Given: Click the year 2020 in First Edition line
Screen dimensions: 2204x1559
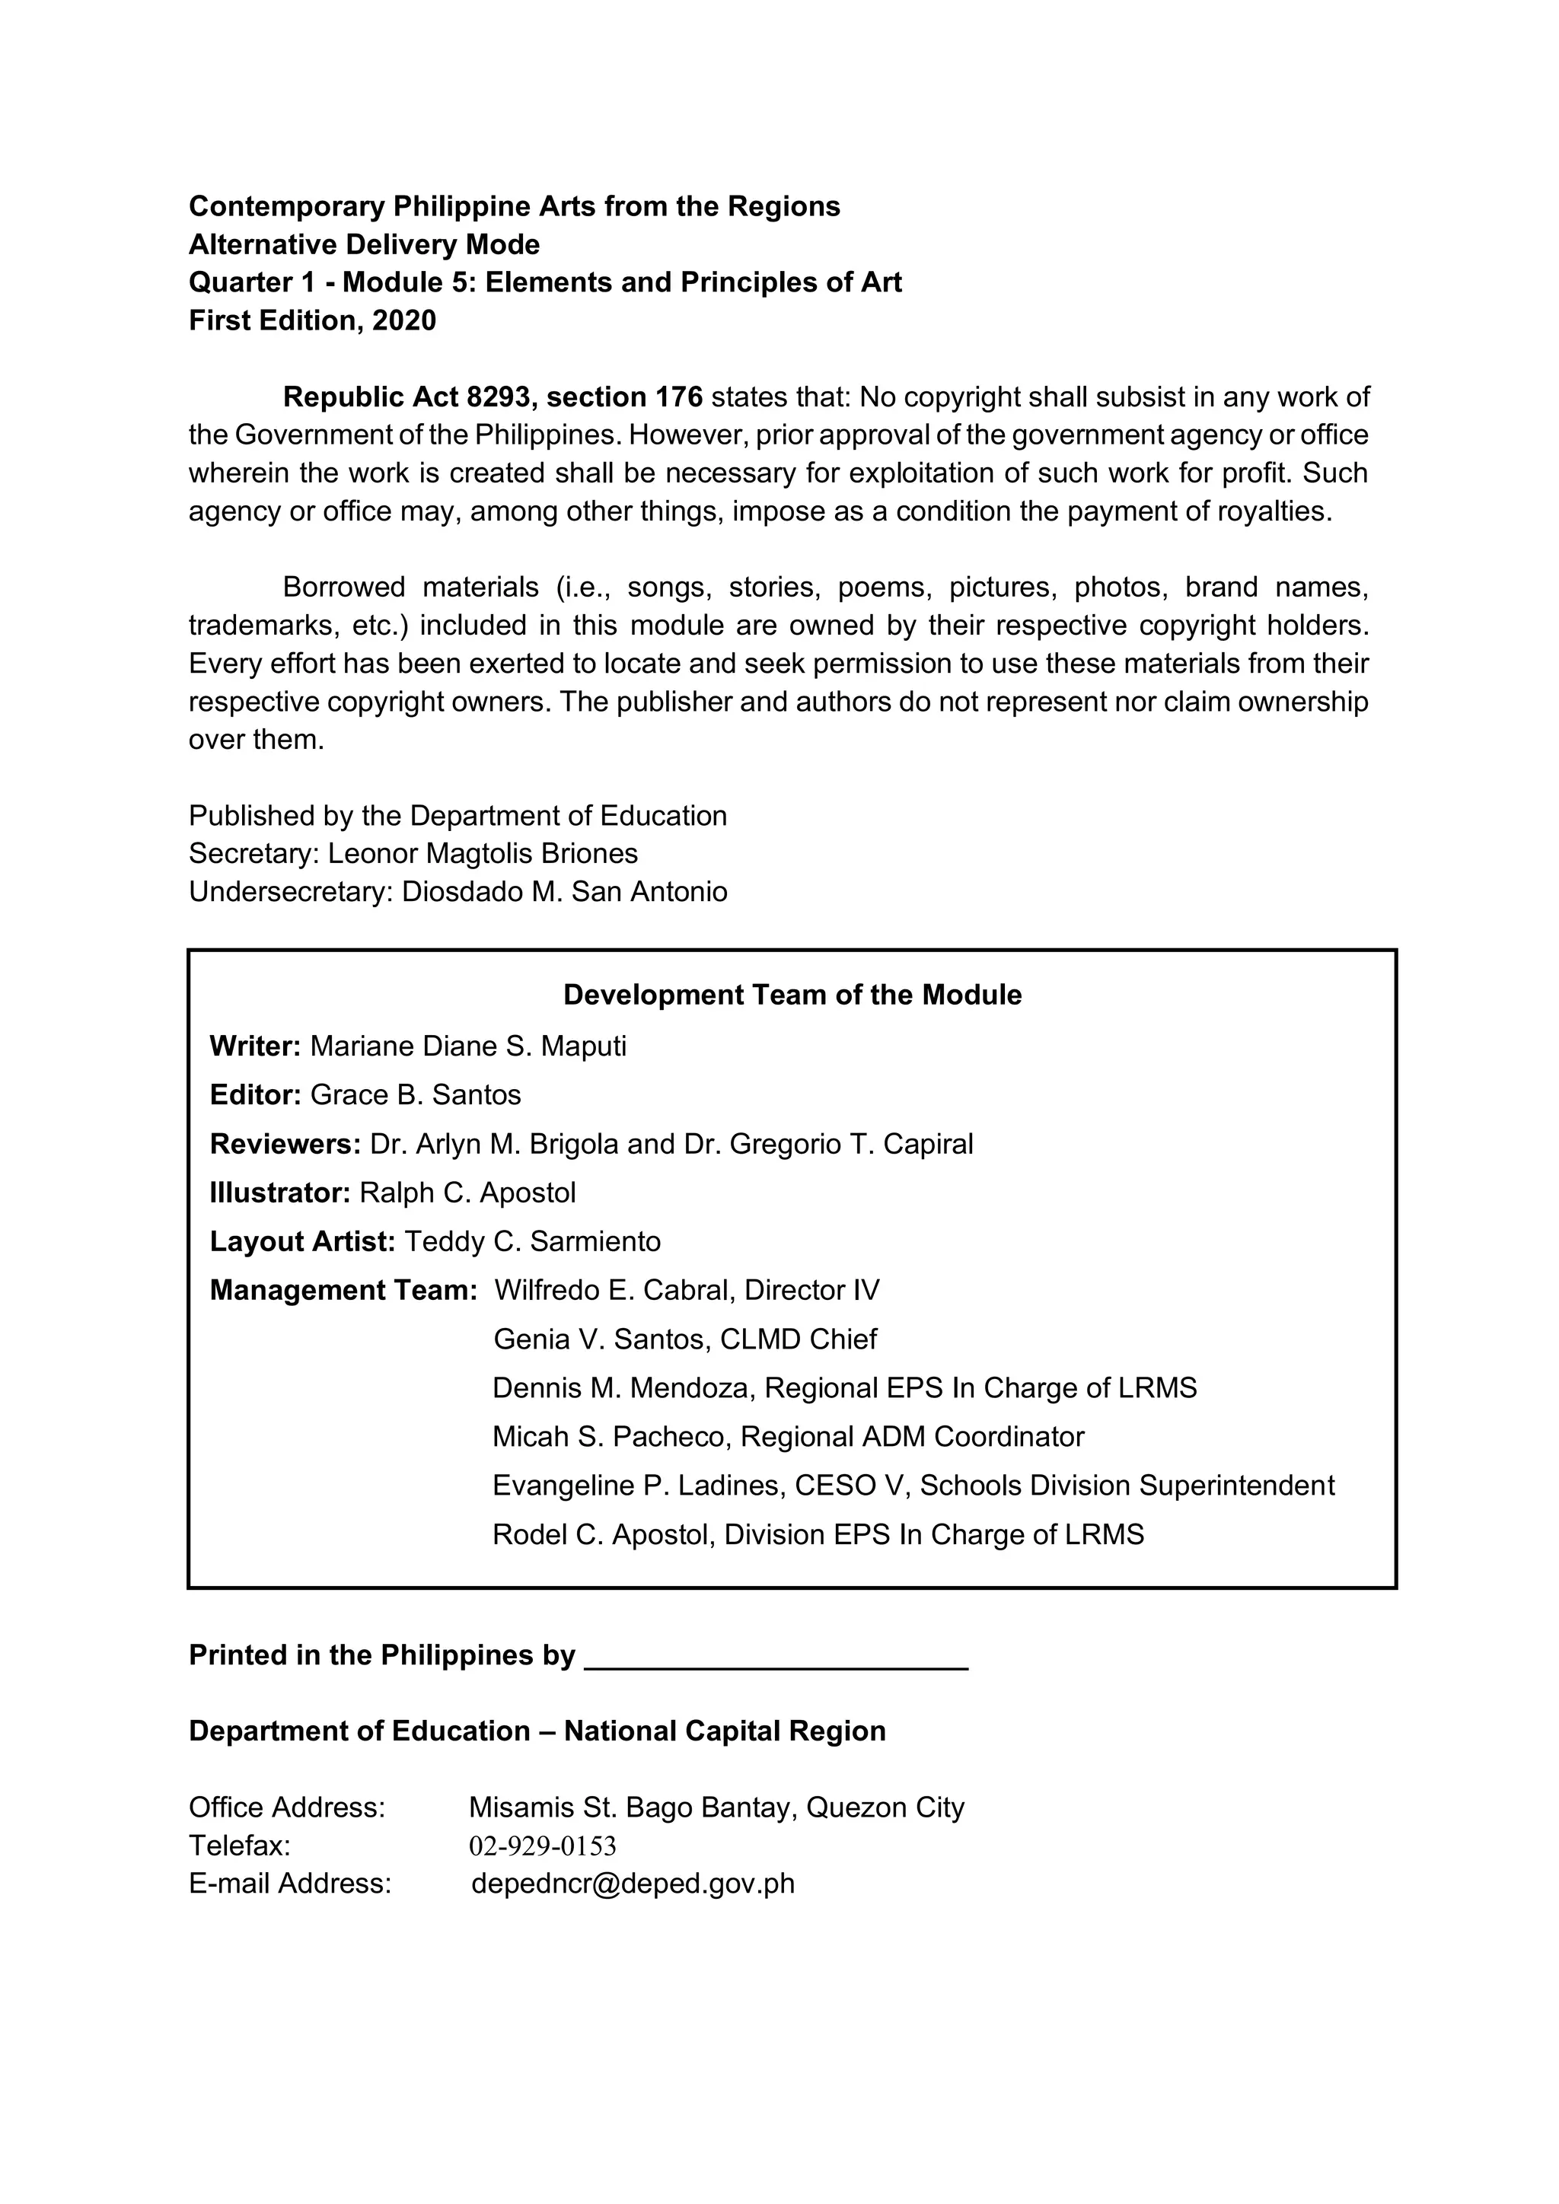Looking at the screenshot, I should (404, 320).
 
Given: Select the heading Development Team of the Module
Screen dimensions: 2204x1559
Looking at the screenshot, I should (792, 995).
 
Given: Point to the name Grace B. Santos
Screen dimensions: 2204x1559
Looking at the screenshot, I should (416, 1095).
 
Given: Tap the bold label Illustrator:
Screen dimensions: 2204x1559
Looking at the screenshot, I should (279, 1193).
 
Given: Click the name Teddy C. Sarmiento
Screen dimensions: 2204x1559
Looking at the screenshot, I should (533, 1242).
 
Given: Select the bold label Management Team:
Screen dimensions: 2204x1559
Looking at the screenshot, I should (343, 1291).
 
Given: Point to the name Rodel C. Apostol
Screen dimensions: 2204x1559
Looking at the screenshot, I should (603, 1535).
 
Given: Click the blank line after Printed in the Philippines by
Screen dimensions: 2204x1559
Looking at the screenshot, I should (776, 1657).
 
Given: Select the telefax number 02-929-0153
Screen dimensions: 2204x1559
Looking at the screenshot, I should (543, 1846).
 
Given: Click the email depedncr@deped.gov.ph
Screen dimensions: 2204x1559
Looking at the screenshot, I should (633, 1884).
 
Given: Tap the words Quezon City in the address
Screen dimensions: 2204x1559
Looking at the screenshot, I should (885, 1807).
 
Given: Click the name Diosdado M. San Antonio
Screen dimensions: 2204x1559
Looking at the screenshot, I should (565, 892).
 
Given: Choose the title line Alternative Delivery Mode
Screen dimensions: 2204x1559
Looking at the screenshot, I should (364, 245).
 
